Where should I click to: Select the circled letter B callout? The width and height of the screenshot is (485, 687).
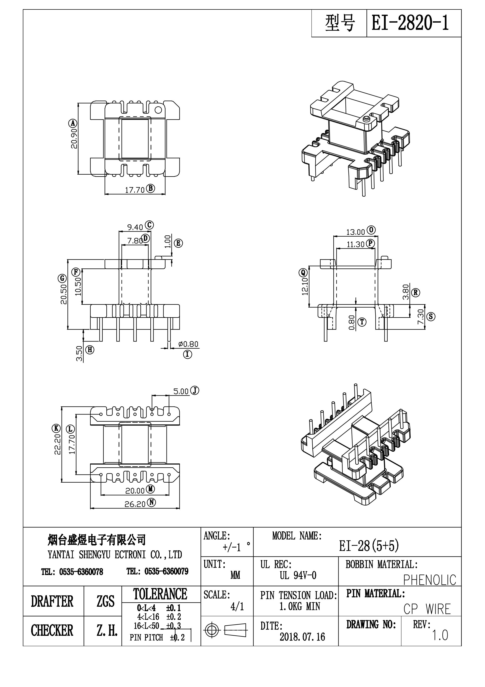(x=151, y=188)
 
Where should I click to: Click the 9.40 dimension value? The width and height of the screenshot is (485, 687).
(x=135, y=227)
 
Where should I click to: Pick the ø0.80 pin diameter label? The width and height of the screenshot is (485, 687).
(x=188, y=344)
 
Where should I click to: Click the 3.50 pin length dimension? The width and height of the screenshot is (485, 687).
(x=79, y=354)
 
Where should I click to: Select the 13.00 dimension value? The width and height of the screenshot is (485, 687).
(x=356, y=232)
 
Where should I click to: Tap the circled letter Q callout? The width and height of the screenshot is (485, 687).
(x=303, y=272)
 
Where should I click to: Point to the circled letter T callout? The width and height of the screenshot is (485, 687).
(x=362, y=322)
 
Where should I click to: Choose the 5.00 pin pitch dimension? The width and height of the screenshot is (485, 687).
(x=181, y=391)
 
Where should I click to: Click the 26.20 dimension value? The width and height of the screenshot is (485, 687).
(x=135, y=504)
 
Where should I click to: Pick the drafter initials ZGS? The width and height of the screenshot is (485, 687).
(x=105, y=601)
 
